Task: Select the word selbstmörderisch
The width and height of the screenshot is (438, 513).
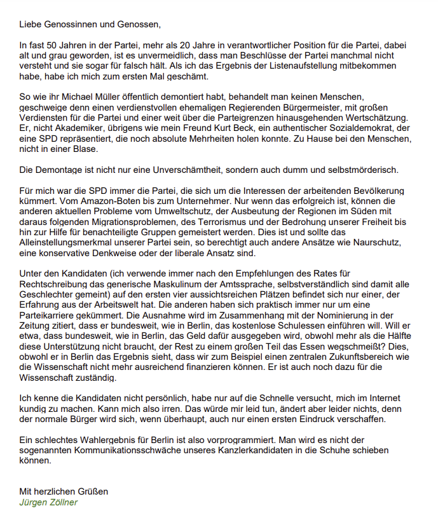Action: [x=362, y=170]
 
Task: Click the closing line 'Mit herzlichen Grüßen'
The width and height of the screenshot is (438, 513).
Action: [x=64, y=491]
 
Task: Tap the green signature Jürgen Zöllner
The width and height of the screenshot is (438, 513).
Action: [x=49, y=502]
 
